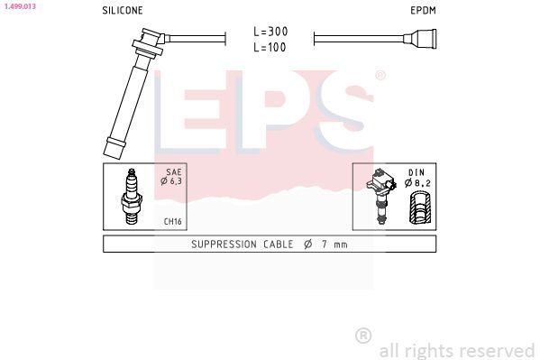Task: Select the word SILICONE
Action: [123, 11]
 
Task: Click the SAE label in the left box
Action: [174, 171]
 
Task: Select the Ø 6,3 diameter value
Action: [172, 181]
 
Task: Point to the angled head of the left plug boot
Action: [149, 40]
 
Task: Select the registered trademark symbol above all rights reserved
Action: [363, 335]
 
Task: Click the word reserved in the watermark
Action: [498, 350]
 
